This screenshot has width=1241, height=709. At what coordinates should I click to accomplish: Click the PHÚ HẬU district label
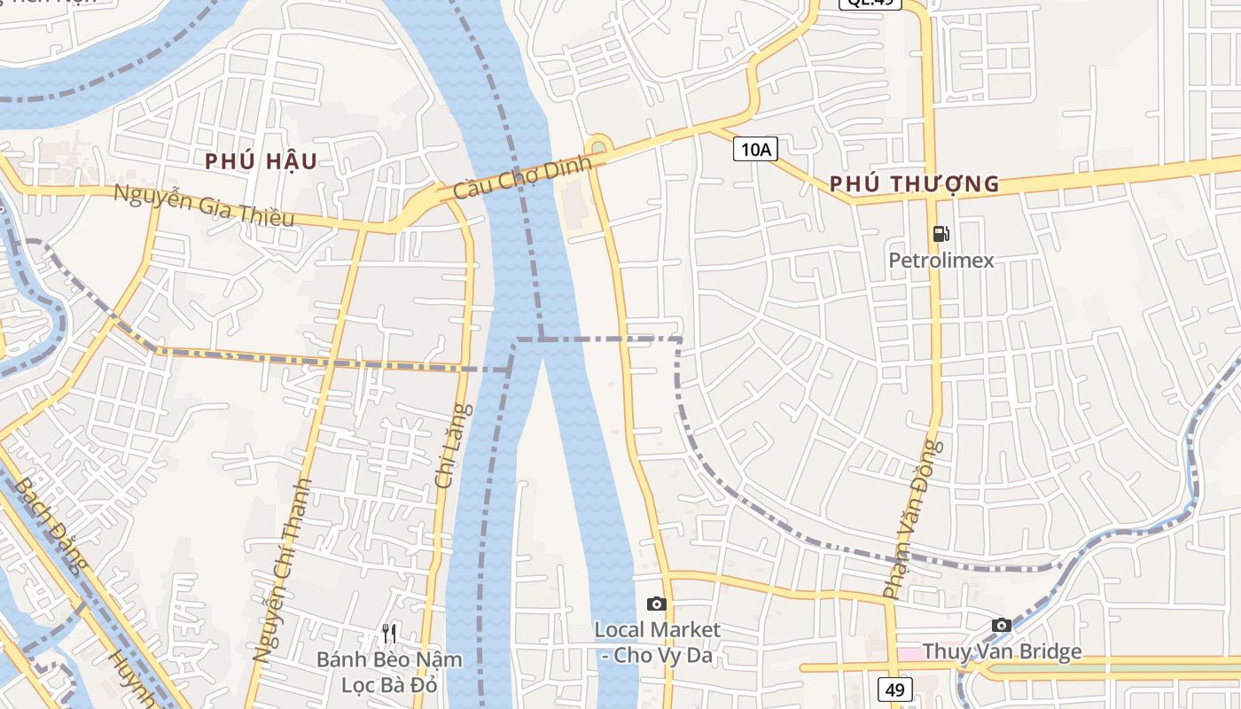pos(261,161)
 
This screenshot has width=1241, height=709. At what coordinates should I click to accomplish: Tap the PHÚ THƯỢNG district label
pos(915,184)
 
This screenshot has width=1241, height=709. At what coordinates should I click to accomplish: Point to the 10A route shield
pos(755,150)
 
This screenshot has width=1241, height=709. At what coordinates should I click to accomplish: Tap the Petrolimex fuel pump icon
pos(941,234)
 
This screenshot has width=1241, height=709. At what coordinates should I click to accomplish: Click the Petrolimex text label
pos(941,261)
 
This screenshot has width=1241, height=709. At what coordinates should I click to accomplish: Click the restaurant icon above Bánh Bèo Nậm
pos(388,633)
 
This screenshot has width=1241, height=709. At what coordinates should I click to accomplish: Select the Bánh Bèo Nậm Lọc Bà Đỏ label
pos(390,672)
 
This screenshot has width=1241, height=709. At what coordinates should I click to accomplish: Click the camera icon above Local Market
pos(656,604)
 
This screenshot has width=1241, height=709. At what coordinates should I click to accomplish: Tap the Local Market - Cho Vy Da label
pos(657,643)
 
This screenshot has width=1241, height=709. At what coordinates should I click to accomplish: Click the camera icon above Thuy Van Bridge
pos(1001,625)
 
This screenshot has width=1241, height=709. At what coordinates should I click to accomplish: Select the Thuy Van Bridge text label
pos(1002,652)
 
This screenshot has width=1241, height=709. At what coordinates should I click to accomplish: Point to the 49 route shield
pos(896,689)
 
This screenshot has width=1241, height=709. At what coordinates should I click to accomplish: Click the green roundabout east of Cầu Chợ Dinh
pos(599,146)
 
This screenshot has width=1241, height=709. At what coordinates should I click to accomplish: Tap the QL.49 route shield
pos(870,4)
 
